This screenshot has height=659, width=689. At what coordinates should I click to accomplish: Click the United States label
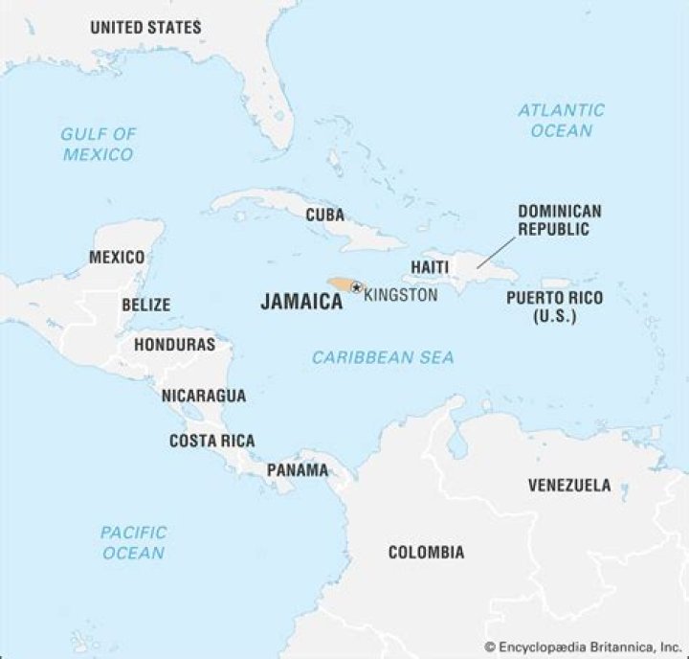coord(145,28)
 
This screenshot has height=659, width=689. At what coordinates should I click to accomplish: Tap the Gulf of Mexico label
coord(99,144)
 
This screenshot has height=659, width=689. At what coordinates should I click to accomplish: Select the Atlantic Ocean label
coord(562,120)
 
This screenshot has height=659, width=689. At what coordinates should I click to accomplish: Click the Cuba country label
coord(325,216)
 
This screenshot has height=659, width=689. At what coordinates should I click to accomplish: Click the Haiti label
coord(430,266)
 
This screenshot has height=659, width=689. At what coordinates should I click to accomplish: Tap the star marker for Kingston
coord(356,287)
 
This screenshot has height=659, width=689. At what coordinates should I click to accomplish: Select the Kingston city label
coord(401,295)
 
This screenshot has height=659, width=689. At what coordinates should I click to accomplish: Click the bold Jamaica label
coord(301,302)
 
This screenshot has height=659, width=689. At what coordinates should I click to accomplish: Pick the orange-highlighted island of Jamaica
coord(339,285)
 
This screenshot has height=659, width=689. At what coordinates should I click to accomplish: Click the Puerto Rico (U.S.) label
coord(555,307)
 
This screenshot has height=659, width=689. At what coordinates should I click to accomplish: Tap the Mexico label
coord(117,258)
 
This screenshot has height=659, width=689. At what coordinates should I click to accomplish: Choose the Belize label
coord(145,306)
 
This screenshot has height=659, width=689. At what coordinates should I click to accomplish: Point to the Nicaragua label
coord(203,396)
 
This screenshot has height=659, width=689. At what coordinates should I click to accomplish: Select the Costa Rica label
coord(212,442)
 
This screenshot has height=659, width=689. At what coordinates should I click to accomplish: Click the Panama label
coord(297,470)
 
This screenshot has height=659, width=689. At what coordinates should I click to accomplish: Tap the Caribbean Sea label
coord(383,357)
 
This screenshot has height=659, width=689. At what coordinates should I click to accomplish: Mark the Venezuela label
coord(569,486)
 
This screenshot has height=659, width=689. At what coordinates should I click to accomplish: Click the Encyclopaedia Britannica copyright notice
coord(585,648)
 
